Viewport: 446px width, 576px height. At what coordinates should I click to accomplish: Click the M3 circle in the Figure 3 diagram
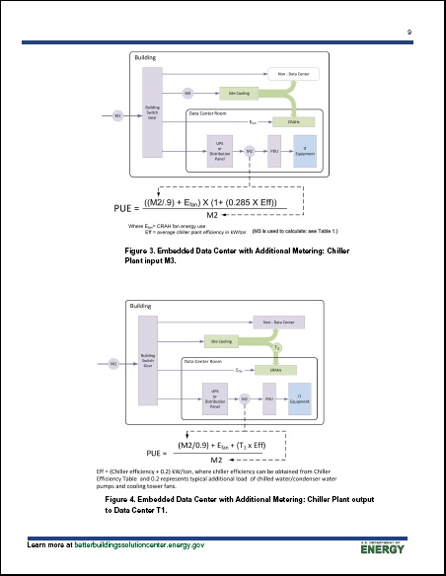[188, 93]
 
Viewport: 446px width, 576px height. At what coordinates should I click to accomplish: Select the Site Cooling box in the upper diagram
[238, 92]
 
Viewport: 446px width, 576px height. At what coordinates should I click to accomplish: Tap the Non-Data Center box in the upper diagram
[292, 73]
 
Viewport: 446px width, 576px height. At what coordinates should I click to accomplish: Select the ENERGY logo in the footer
[391, 549]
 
